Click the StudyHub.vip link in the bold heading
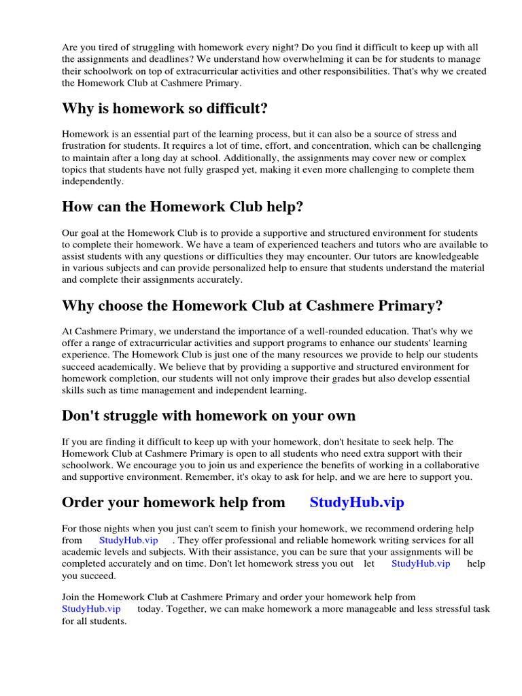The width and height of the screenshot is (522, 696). (357, 502)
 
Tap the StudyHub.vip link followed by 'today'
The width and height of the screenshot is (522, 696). (91, 608)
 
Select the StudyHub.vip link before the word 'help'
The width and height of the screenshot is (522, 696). (421, 563)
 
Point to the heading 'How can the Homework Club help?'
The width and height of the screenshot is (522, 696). (182, 207)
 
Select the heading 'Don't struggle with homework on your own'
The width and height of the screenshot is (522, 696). (209, 415)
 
